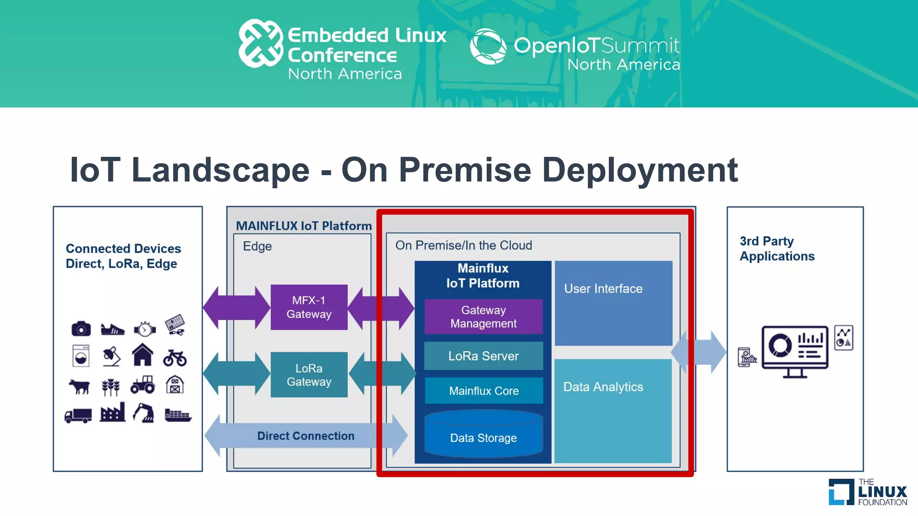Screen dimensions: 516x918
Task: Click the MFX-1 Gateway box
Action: (309, 307)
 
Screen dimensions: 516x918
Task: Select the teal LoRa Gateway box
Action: (309, 375)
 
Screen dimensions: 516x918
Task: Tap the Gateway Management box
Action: (483, 317)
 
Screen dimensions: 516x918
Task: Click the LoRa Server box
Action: (483, 356)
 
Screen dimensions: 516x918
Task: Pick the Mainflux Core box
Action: (484, 391)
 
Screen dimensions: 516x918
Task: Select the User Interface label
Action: (603, 289)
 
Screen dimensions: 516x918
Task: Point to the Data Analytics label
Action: (603, 387)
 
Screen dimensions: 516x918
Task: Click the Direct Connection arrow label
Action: (306, 436)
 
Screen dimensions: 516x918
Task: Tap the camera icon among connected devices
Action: (81, 329)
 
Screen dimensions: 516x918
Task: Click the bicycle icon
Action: (175, 357)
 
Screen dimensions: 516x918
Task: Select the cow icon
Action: (79, 386)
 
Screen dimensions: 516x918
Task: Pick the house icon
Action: (143, 355)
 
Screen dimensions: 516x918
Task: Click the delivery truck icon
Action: (78, 416)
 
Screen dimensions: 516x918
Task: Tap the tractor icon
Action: (143, 385)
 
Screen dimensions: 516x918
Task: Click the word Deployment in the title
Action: (640, 170)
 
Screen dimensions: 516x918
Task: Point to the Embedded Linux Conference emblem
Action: (260, 43)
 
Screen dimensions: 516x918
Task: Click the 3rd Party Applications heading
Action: (777, 249)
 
